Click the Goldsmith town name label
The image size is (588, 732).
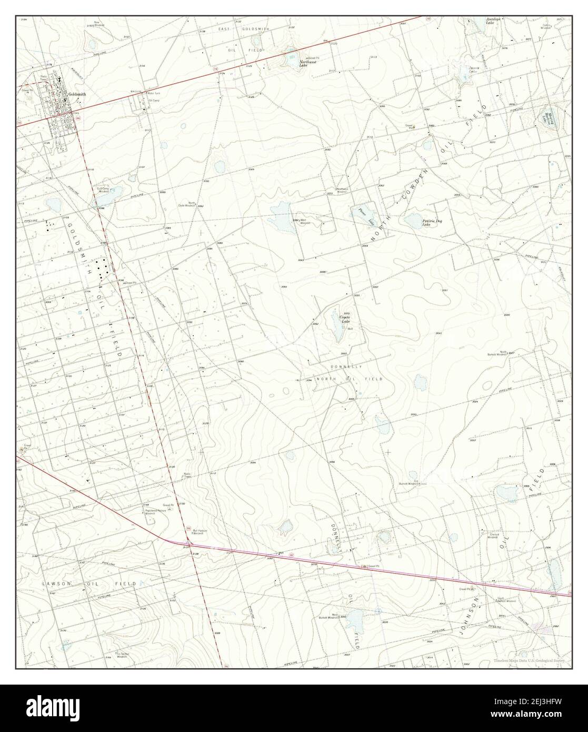77,95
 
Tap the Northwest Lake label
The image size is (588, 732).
307,64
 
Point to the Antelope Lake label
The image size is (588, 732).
492,22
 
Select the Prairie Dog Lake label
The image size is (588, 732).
432,222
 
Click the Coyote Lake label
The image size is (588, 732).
344,320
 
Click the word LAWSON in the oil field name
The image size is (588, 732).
55,584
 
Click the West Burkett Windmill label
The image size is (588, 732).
327,616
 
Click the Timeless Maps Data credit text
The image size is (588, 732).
531,661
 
